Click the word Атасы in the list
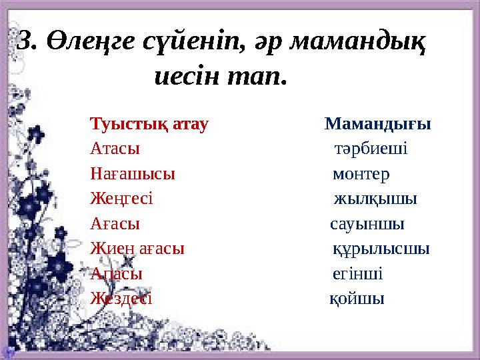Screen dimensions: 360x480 115,149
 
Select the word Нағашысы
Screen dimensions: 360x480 133,174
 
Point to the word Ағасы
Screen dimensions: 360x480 115,224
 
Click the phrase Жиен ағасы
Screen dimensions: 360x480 137,249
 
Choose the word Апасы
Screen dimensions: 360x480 116,274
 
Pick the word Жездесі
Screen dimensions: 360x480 121,299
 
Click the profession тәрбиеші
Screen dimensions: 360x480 371,149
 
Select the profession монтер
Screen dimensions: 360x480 361,174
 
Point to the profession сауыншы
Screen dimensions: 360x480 367,224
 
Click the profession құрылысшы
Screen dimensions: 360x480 381,249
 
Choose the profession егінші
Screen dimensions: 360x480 357,274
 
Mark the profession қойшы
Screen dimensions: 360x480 357,299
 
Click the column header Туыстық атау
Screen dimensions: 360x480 149,124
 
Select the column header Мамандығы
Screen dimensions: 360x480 377,124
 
